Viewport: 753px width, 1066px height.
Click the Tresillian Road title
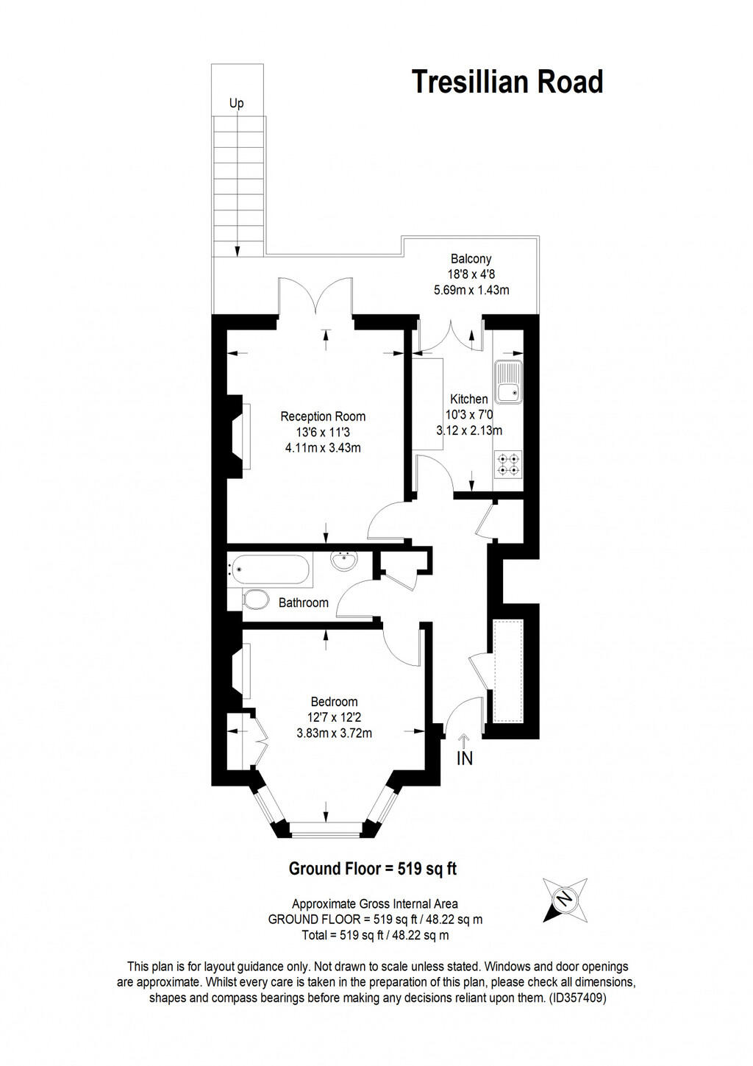(x=507, y=82)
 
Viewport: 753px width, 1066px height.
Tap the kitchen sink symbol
(x=508, y=383)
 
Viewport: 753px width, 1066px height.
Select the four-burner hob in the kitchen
(x=508, y=463)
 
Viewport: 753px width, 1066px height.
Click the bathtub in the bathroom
(x=270, y=568)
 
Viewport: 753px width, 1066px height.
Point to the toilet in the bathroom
(x=254, y=600)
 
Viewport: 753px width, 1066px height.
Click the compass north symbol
(x=564, y=900)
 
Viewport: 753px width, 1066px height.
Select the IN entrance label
(x=464, y=758)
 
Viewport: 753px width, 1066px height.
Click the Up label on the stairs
(x=236, y=103)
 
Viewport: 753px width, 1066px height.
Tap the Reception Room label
(x=323, y=416)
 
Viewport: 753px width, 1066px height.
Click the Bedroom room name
(x=334, y=702)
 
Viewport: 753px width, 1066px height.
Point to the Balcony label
(x=471, y=259)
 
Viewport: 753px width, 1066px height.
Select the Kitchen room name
(x=469, y=399)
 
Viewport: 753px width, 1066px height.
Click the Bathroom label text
(x=303, y=603)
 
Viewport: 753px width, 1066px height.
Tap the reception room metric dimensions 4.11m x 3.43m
(x=323, y=447)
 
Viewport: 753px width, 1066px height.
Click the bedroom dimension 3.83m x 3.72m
(x=334, y=733)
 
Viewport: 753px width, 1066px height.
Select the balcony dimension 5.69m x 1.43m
(x=471, y=290)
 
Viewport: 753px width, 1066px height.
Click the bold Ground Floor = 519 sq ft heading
(x=372, y=869)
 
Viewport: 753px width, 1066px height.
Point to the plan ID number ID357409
(x=577, y=998)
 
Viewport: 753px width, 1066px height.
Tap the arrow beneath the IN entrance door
(x=463, y=739)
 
